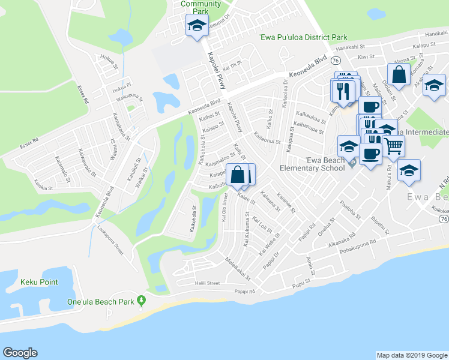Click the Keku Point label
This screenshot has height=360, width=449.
38,280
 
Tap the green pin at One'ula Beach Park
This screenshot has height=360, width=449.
142,299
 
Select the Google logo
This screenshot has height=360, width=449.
20,353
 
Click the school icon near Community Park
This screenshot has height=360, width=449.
196,25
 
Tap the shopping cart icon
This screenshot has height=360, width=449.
393,145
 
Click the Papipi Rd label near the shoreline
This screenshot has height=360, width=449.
245,292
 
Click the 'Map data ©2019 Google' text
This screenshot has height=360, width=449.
411,355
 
